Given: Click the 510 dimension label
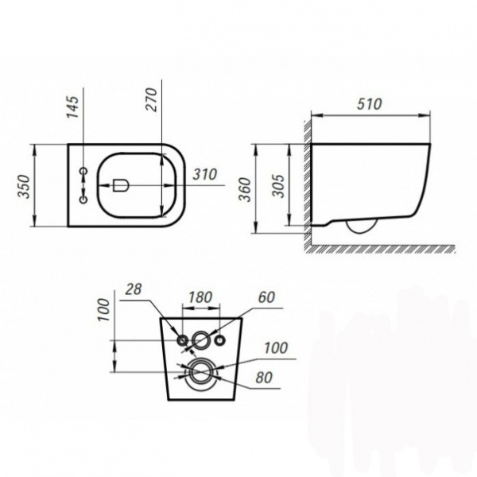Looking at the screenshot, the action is [x=369, y=104].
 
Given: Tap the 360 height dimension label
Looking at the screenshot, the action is [x=245, y=189].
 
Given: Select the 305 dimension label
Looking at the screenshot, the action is [x=278, y=185].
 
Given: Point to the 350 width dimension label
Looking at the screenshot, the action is [x=24, y=187].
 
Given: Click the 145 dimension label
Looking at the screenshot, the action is [x=72, y=107].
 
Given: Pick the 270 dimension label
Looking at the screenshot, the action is [x=151, y=100].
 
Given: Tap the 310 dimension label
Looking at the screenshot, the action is [x=205, y=174].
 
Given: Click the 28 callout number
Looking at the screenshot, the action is [x=134, y=289].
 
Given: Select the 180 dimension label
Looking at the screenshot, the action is [x=200, y=297].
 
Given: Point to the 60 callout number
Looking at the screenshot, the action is [x=266, y=297].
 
